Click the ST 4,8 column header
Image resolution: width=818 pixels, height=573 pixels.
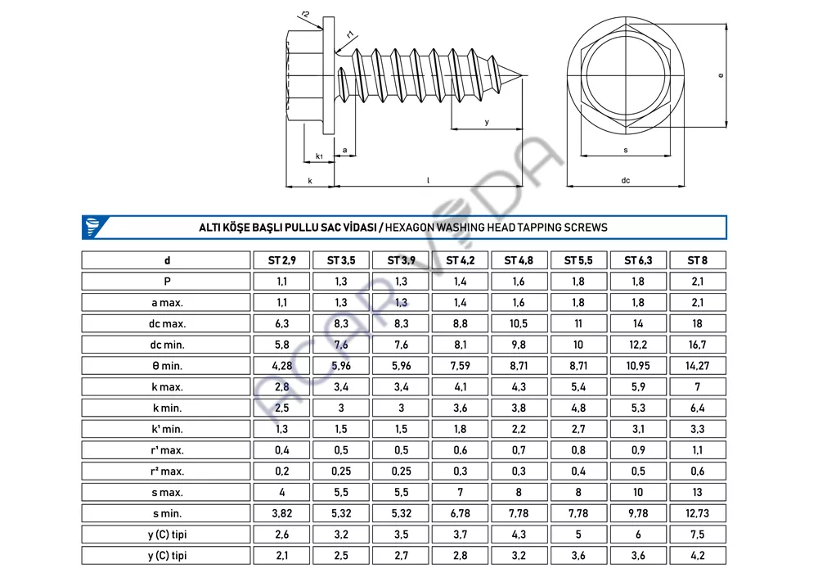(519, 260)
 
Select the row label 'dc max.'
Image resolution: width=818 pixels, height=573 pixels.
(167, 323)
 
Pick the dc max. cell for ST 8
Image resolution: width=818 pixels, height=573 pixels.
(698, 323)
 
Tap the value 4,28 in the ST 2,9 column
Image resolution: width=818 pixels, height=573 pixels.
(281, 366)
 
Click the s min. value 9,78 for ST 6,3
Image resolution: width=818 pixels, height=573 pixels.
(638, 513)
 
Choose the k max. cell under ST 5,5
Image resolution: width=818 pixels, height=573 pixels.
(578, 386)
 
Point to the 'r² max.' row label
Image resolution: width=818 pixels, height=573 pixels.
(167, 471)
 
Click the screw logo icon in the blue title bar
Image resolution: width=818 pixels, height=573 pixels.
(93, 228)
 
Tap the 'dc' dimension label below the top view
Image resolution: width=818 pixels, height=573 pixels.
(626, 181)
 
